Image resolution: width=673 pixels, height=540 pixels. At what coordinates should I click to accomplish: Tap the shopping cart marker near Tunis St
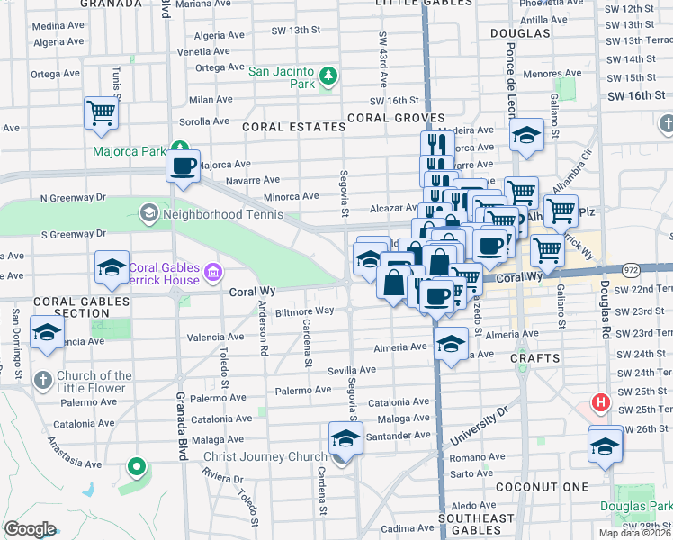(102, 114)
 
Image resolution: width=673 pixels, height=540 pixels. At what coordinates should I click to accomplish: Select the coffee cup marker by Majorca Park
(184, 166)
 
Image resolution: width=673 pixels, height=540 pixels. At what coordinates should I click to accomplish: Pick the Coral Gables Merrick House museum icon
(212, 271)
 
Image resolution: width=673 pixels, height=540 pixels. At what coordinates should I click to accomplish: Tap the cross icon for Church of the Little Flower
(43, 379)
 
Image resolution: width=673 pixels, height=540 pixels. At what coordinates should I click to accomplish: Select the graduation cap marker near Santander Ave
(345, 439)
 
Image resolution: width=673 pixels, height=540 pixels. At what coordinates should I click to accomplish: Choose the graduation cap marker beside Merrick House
(112, 267)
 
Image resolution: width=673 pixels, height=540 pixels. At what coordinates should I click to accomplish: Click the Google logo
(30, 528)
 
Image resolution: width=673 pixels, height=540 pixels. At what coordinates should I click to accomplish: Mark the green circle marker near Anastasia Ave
(136, 466)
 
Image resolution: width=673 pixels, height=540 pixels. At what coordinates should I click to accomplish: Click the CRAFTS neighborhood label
(534, 357)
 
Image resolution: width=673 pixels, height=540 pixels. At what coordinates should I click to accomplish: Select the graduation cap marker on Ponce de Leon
(526, 135)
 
